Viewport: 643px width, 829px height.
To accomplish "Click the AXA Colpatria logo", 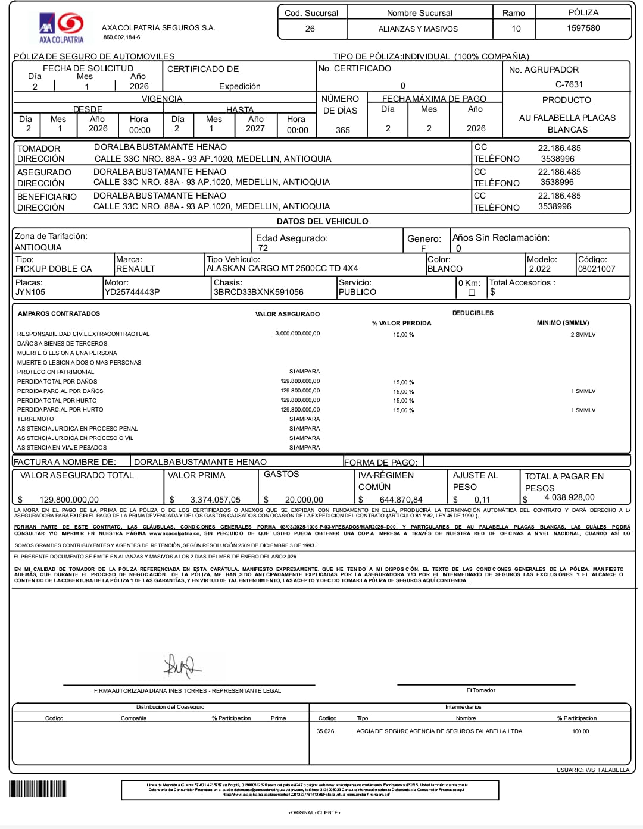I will [61, 28].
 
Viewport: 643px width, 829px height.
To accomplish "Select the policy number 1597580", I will [583, 28].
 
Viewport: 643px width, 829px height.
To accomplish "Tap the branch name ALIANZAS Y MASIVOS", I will [418, 29].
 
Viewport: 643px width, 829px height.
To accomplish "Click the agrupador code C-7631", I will [569, 84].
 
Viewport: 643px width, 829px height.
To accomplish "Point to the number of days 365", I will [343, 130].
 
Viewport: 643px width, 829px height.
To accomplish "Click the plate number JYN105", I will [30, 292].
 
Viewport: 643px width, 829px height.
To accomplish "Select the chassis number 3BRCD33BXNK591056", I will [258, 292].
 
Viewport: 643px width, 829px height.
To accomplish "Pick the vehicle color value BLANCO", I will [445, 269].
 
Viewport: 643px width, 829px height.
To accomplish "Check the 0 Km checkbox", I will [472, 293].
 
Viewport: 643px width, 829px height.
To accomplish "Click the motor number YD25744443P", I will [132, 292].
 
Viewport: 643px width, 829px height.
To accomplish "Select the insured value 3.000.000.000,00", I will [297, 334].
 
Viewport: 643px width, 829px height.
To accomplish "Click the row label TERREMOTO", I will [35, 419].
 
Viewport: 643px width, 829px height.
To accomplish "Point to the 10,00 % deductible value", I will [403, 335].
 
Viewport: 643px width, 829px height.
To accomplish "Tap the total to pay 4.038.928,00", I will [569, 497].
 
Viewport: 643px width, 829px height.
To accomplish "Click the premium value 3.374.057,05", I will [215, 500].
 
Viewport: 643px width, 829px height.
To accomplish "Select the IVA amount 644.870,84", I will [401, 500].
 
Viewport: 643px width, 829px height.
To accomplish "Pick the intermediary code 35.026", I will [325, 731].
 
